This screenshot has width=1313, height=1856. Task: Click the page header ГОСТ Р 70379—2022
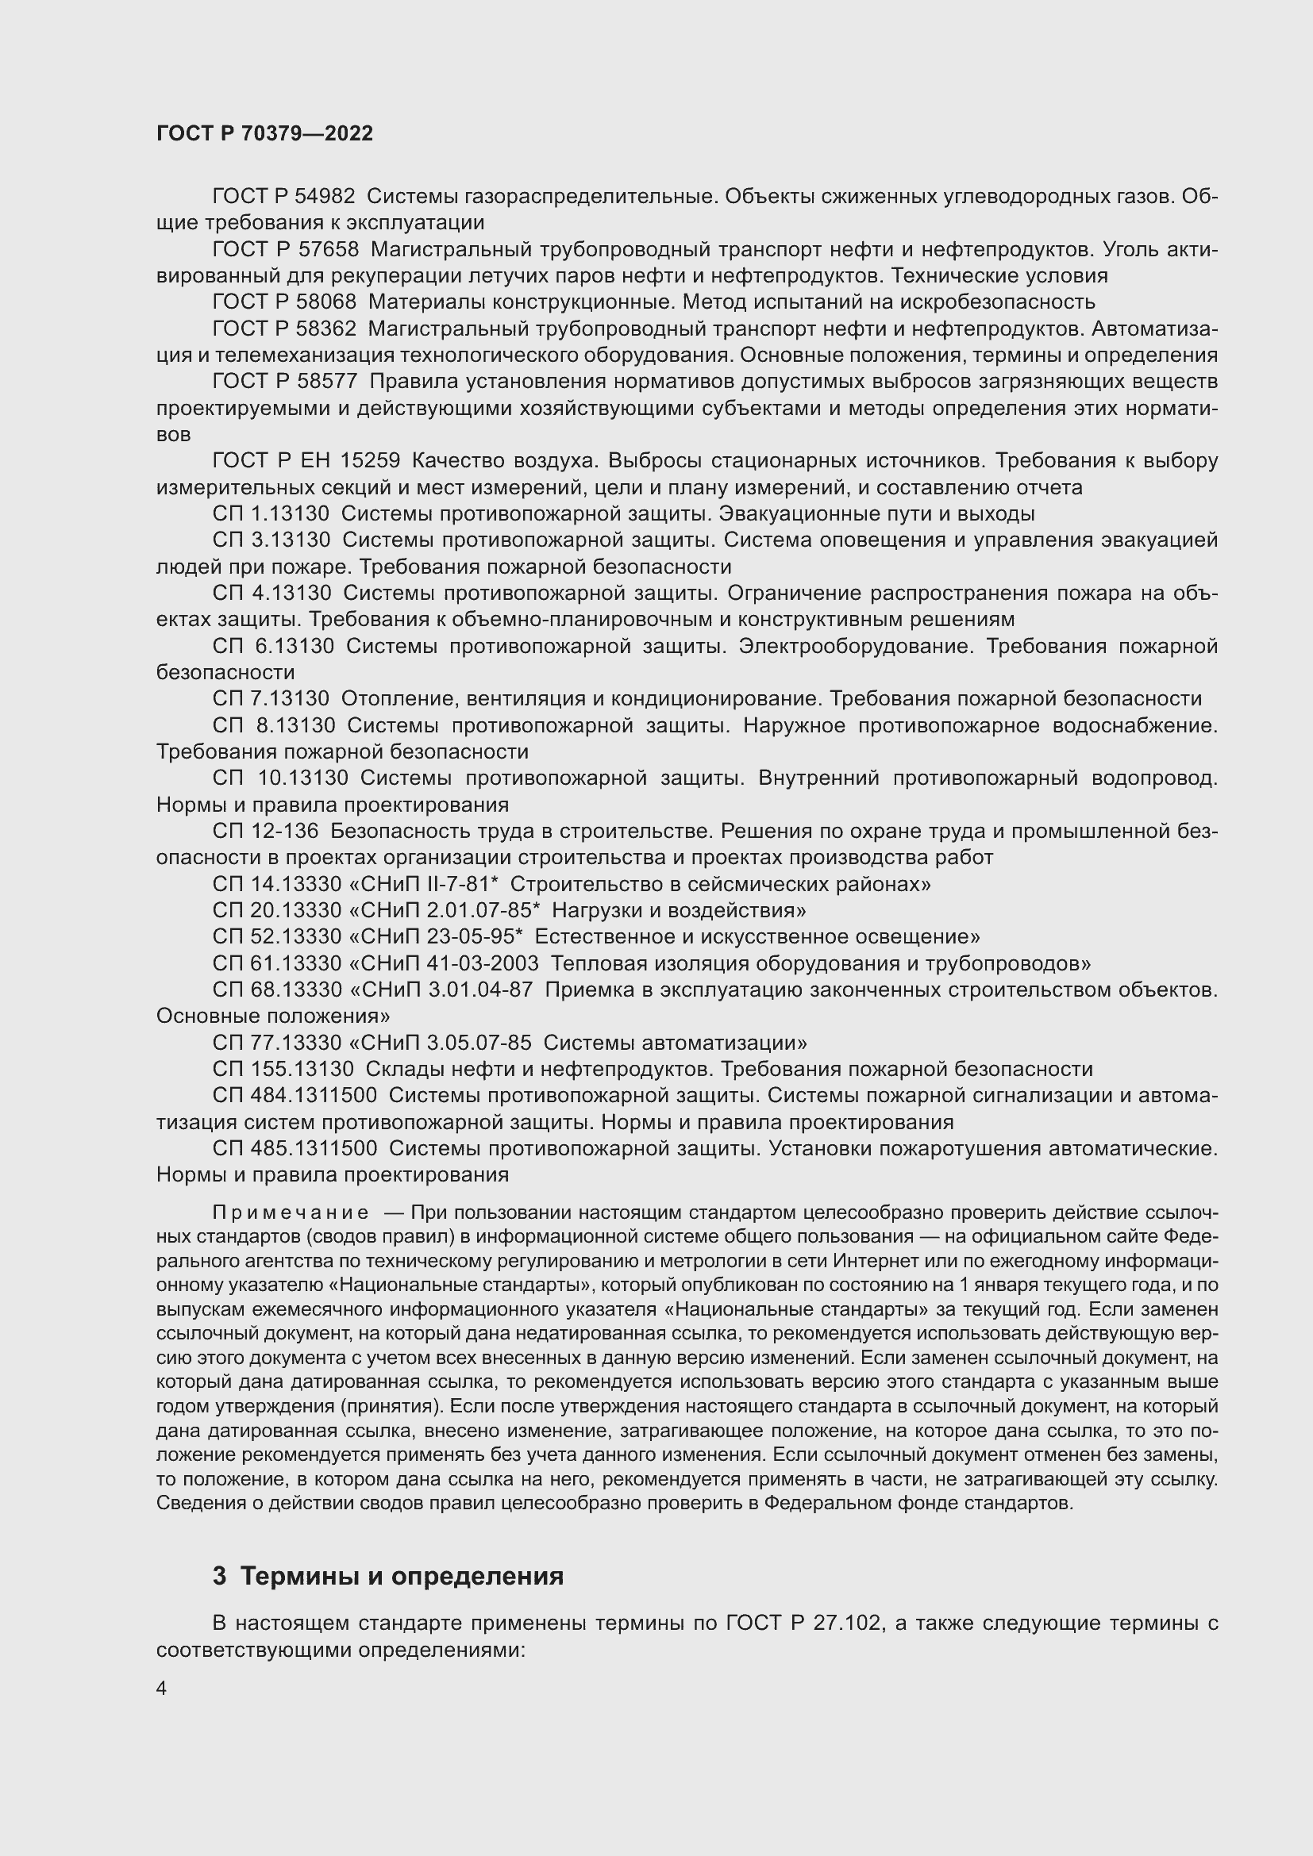click(264, 133)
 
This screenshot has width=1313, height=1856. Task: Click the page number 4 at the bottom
click(162, 1689)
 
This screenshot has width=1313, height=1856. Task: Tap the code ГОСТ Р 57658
click(286, 249)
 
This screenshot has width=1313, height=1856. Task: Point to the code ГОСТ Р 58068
click(285, 302)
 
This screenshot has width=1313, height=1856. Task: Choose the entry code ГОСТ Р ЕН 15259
click(306, 461)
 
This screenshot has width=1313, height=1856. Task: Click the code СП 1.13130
click(271, 514)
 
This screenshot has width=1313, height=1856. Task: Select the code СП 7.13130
click(271, 698)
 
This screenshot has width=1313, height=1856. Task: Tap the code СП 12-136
click(265, 831)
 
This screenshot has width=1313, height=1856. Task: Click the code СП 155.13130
click(283, 1070)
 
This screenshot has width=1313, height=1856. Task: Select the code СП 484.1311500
click(295, 1096)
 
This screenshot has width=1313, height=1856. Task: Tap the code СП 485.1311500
click(295, 1149)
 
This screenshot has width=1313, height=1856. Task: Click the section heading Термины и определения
click(402, 1577)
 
